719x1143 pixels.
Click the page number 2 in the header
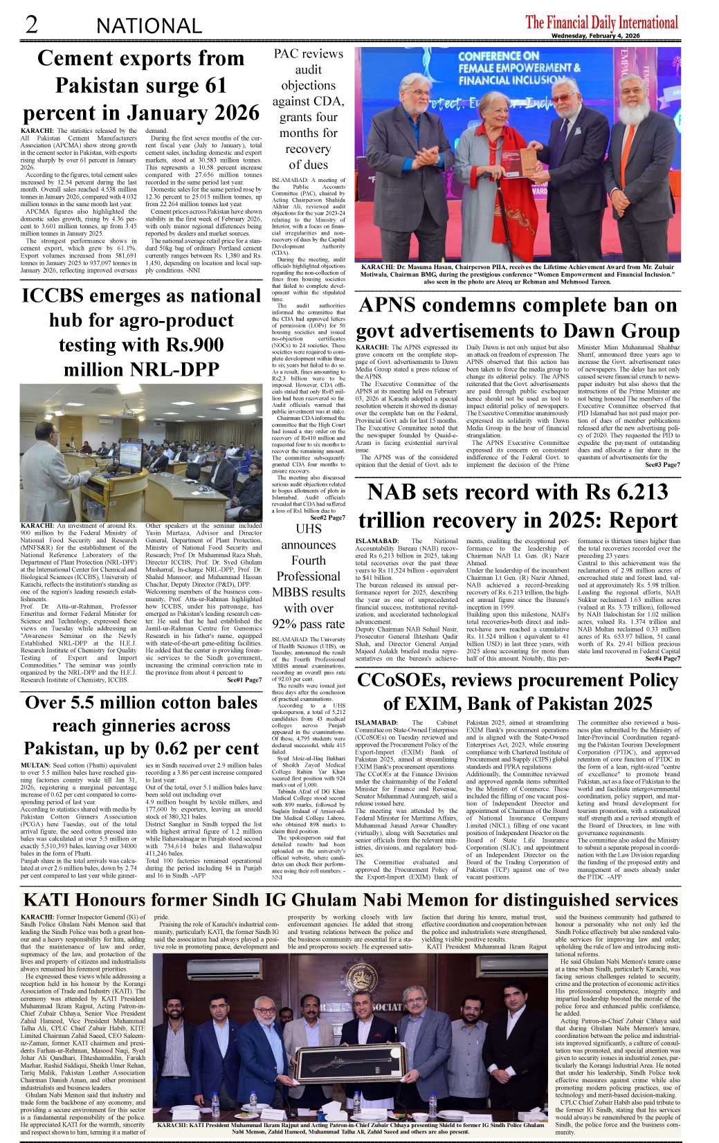click(31, 25)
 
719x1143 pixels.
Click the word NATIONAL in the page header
click(149, 26)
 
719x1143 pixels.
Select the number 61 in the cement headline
click(215, 86)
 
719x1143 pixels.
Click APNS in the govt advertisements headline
click(394, 306)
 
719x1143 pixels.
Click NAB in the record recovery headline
click(397, 493)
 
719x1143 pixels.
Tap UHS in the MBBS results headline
click(309, 529)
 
